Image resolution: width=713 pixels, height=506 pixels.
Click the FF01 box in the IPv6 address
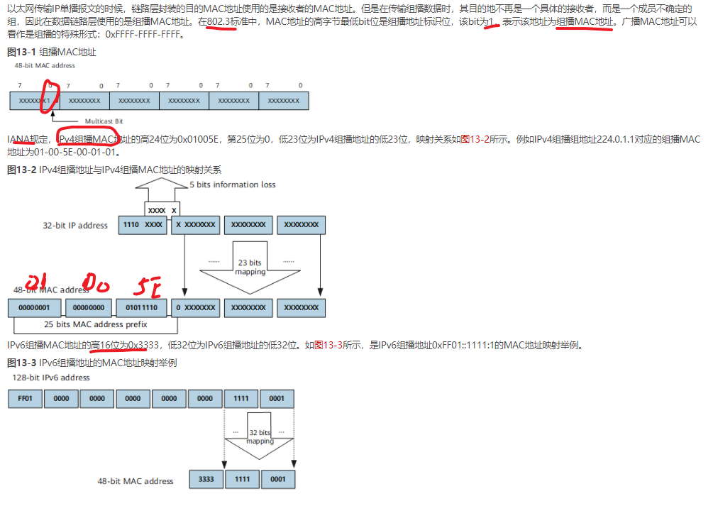point(25,398)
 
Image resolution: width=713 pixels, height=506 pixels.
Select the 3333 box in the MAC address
point(206,479)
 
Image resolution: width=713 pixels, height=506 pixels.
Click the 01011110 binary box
point(146,308)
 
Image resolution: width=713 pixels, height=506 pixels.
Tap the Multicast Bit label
point(104,121)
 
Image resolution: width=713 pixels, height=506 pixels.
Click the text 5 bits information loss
point(233,185)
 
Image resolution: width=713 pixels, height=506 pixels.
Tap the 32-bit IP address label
point(75,226)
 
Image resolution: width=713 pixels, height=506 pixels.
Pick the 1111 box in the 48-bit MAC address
point(243,479)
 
